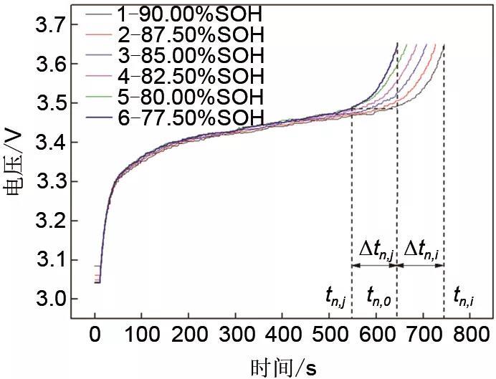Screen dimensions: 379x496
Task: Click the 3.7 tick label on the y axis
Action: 54,26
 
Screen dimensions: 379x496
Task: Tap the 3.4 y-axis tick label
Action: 54,143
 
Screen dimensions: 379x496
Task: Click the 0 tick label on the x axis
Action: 95,334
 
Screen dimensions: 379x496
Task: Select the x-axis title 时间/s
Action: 284,367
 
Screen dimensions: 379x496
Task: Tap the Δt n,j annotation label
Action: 373,250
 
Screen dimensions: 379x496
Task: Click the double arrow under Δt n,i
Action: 420,265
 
